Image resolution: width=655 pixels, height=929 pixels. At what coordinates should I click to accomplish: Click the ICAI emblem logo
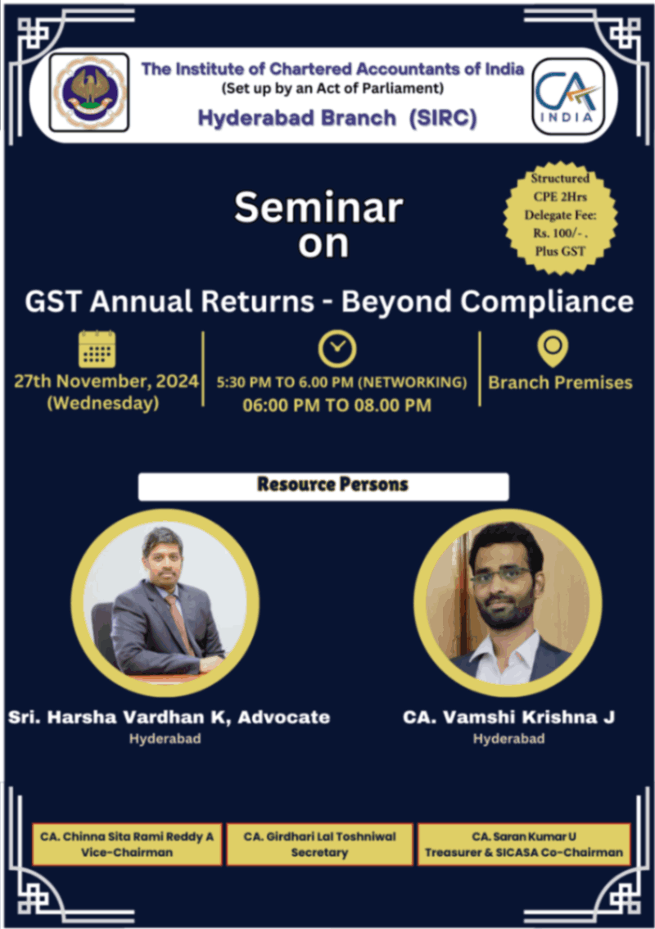(x=88, y=93)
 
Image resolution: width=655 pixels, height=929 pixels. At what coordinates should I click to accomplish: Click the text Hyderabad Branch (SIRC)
(x=337, y=118)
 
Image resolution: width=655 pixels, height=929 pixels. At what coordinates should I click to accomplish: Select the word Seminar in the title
(x=318, y=208)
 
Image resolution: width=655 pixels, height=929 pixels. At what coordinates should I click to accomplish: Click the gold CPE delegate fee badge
(x=559, y=215)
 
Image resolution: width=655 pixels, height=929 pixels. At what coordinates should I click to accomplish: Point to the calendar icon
(x=97, y=348)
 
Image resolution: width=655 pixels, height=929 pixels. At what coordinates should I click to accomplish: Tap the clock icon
(x=337, y=348)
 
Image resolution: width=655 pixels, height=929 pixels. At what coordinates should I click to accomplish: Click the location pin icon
(x=553, y=347)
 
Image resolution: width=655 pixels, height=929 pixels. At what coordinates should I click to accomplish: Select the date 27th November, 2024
(x=106, y=383)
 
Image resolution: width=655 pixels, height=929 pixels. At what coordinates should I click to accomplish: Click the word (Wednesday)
(x=103, y=404)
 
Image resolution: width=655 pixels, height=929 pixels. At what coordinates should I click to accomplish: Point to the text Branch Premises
(x=560, y=383)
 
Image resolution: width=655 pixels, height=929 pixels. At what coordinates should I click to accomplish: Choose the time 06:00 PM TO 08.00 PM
(x=337, y=405)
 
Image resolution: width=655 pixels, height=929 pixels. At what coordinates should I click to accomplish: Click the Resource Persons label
(x=323, y=485)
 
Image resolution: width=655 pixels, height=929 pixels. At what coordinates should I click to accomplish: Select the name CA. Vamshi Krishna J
(x=508, y=718)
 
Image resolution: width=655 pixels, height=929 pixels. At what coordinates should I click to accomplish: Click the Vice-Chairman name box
(x=127, y=844)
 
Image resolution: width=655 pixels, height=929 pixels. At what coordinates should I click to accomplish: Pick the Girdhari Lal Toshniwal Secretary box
(x=319, y=844)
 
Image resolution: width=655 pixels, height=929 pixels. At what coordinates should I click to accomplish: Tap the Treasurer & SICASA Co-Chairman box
(x=524, y=844)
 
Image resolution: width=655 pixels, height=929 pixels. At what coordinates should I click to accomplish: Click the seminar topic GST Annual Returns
(x=328, y=301)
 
